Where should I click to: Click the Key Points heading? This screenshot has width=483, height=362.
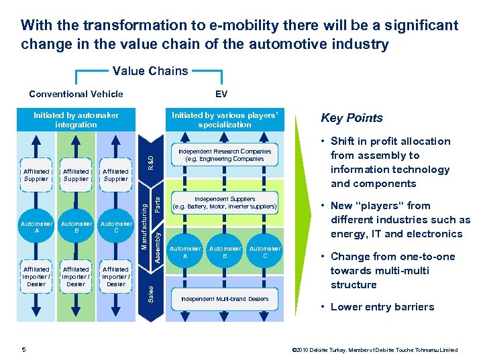[352, 118]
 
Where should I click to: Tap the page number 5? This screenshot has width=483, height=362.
[23, 349]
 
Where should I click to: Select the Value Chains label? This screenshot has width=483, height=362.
[150, 70]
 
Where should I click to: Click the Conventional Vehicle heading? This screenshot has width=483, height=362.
[76, 94]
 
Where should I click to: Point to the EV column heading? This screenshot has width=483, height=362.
[221, 94]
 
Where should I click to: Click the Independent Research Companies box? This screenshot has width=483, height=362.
[224, 156]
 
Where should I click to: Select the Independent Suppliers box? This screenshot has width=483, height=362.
[224, 202]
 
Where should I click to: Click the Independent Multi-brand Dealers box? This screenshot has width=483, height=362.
[224, 299]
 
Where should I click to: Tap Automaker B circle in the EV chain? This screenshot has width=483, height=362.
[225, 251]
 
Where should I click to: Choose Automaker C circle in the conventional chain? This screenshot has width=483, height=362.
[115, 227]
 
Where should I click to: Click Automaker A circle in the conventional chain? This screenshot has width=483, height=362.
[36, 227]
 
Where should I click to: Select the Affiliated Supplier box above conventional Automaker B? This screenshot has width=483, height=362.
[76, 176]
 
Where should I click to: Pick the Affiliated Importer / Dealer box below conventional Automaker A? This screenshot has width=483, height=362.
[36, 276]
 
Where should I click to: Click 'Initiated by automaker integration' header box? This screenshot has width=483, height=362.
[76, 119]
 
